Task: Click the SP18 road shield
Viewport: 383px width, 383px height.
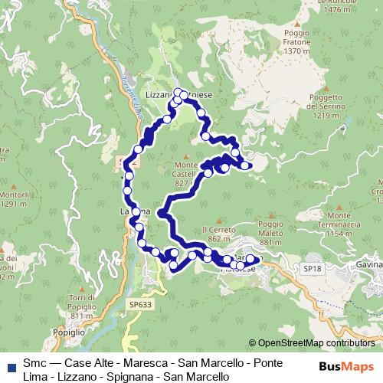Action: pos(312,269)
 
